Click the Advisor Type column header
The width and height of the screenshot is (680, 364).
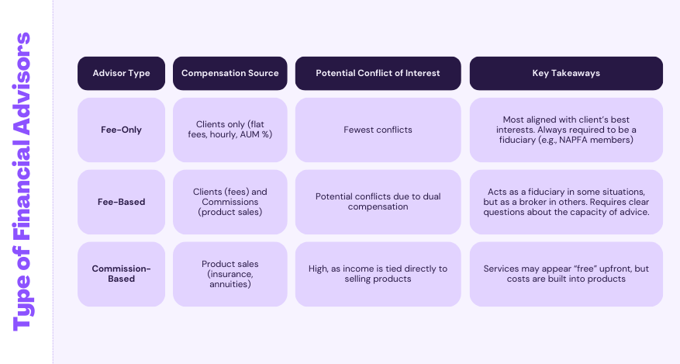121,73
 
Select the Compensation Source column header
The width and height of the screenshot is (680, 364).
230,73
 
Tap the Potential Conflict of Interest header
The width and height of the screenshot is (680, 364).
378,73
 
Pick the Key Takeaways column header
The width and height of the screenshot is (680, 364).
566,73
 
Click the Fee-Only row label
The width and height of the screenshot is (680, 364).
121,130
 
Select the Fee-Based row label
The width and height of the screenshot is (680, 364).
121,202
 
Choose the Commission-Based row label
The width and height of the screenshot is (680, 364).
121,274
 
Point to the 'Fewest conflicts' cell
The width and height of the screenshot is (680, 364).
378,130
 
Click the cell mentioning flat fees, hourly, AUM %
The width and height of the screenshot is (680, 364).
230,130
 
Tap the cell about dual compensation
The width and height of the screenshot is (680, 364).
378,202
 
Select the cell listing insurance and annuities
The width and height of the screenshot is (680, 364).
230,274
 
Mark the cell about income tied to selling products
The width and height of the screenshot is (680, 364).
378,274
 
